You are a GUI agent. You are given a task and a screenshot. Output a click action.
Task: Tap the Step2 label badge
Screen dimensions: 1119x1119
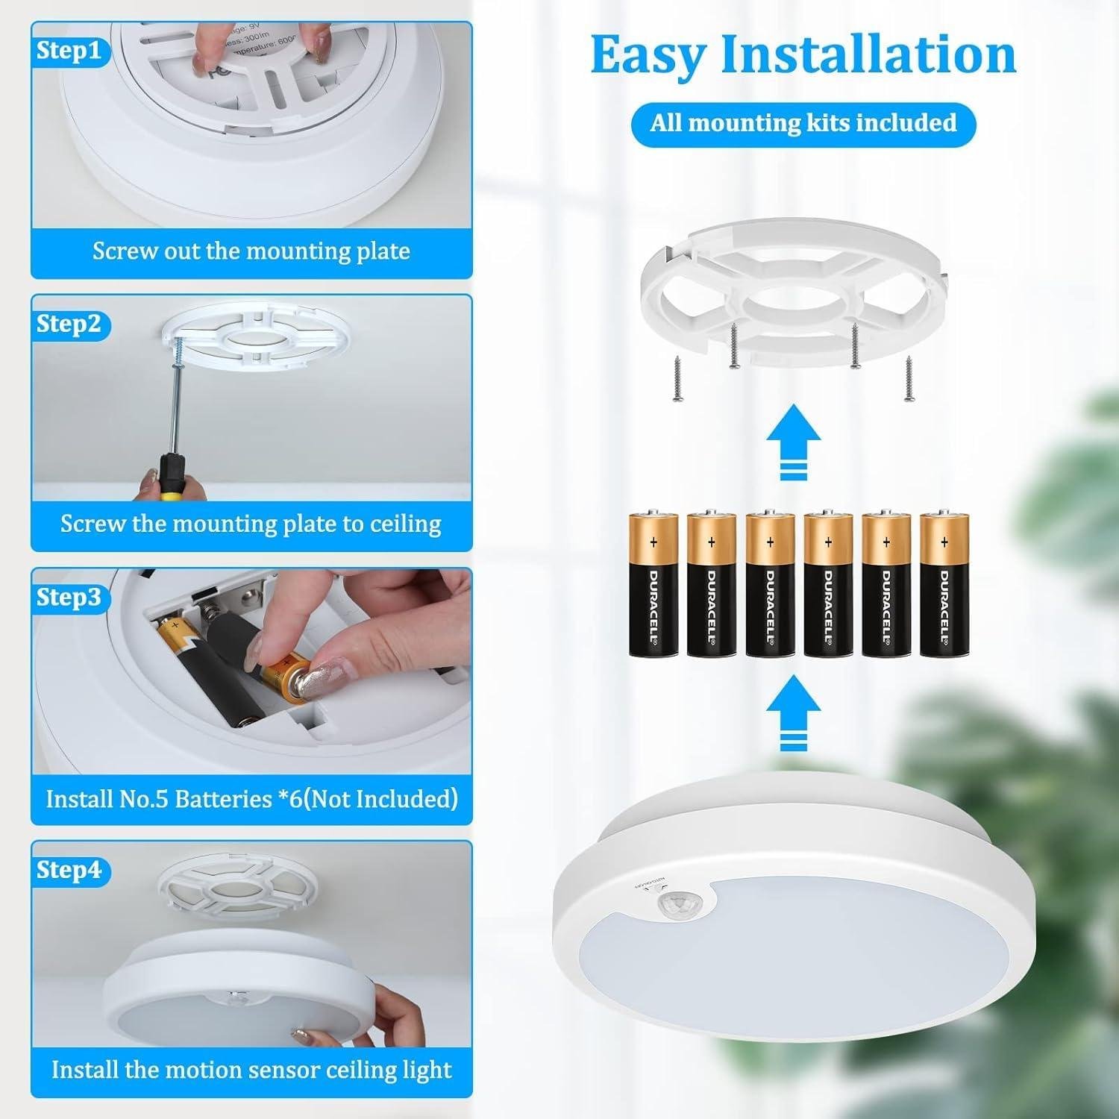click(68, 325)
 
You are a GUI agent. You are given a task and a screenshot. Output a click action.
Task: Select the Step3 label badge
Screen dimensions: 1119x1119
click(68, 598)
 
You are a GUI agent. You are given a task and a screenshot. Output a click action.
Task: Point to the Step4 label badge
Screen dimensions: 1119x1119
click(68, 870)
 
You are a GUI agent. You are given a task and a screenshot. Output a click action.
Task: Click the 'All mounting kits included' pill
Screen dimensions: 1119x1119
click(803, 123)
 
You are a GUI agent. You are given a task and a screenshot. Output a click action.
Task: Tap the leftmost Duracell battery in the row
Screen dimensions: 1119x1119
click(653, 584)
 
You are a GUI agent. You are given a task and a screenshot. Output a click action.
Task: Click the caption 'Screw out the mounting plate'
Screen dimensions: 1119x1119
click(251, 251)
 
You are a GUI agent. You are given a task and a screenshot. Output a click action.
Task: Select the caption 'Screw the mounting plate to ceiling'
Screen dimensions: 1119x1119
click(251, 524)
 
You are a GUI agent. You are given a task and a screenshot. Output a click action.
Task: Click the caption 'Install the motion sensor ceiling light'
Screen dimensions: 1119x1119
click(251, 1070)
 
